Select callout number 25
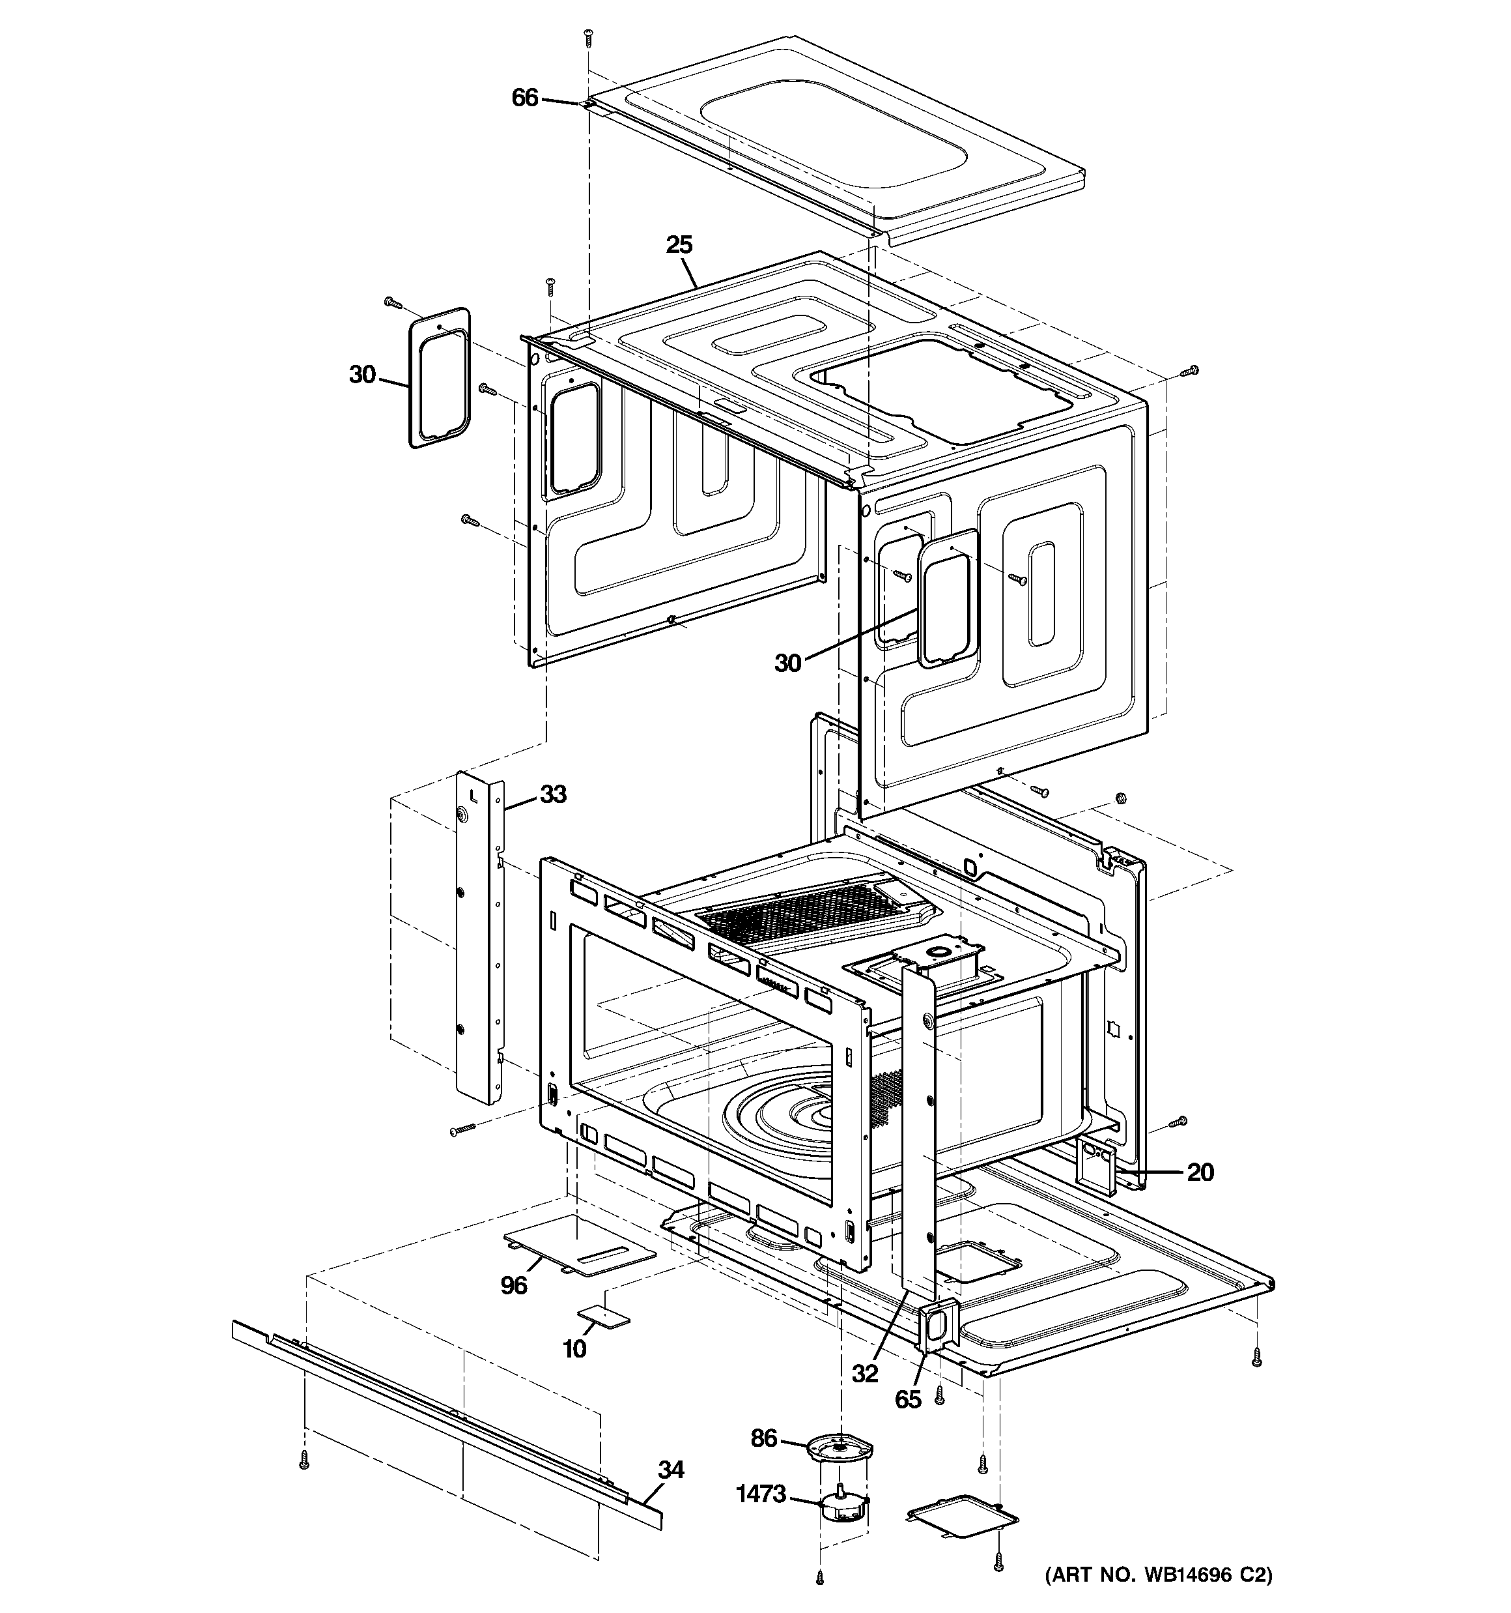[x=680, y=244]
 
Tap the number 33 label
[x=553, y=794]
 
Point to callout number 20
[x=1200, y=1172]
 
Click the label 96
[x=513, y=1285]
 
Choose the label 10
[x=574, y=1348]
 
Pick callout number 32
[x=866, y=1373]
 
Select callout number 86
[x=764, y=1438]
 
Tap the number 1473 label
[x=761, y=1493]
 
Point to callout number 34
[x=671, y=1470]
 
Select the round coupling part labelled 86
[x=840, y=1447]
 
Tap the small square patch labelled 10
[x=602, y=1317]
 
